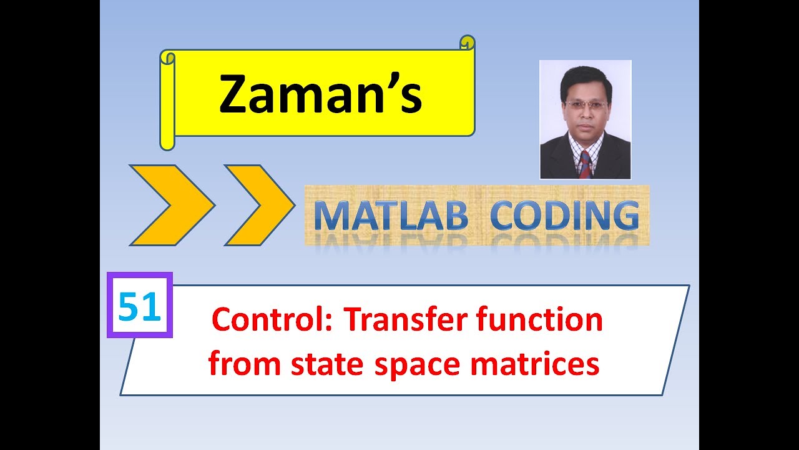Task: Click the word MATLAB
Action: (391, 216)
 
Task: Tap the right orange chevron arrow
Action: (258, 205)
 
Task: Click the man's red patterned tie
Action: (585, 164)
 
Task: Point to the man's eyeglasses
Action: (585, 105)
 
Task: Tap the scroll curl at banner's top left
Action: (167, 58)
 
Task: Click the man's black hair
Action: (585, 78)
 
